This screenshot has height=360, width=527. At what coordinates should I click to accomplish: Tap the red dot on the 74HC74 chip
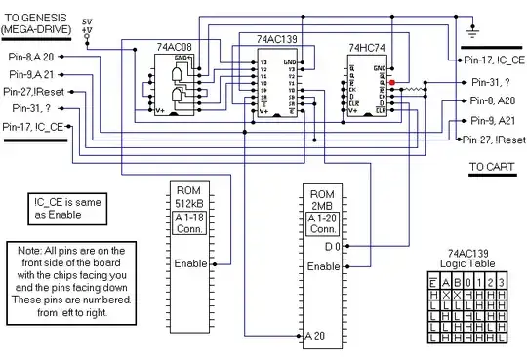coord(392,84)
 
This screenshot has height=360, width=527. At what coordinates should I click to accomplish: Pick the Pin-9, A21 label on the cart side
coord(494,121)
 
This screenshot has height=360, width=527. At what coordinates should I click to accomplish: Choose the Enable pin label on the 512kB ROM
coord(189,263)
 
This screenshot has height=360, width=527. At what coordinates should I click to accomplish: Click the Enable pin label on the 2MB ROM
coord(323,266)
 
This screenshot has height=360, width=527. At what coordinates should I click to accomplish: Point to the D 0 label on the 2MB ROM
coord(331,248)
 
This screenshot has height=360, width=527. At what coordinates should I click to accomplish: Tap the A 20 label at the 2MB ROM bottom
coord(315,337)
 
